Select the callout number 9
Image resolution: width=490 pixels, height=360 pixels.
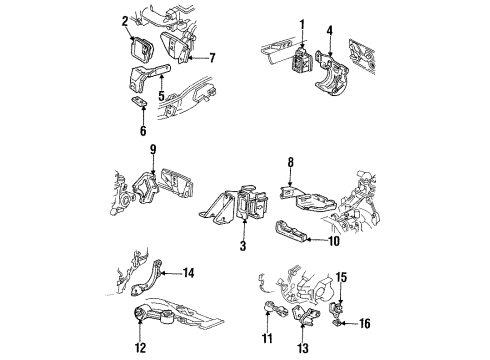(x=153, y=151)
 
